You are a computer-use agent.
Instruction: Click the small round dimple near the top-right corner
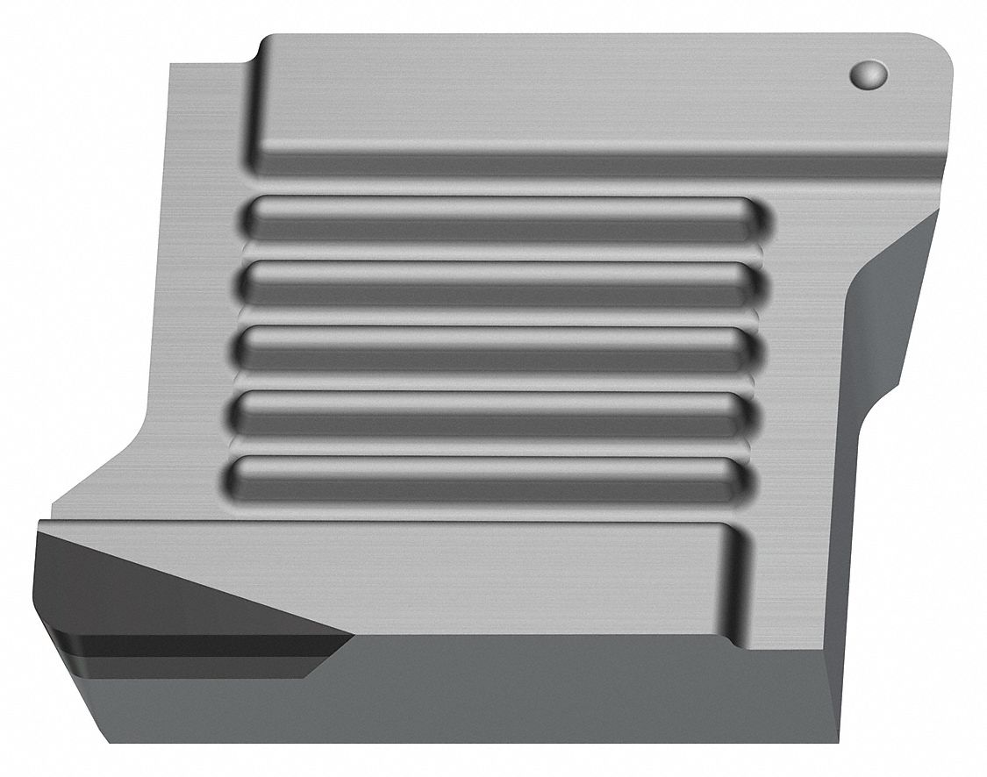pos(869,74)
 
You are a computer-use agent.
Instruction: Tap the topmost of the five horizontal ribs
pos(500,219)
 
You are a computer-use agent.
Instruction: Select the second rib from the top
pos(496,283)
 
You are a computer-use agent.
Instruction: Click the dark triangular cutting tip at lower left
pos(132,579)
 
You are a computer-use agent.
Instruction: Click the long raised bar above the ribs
pos(597,105)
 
